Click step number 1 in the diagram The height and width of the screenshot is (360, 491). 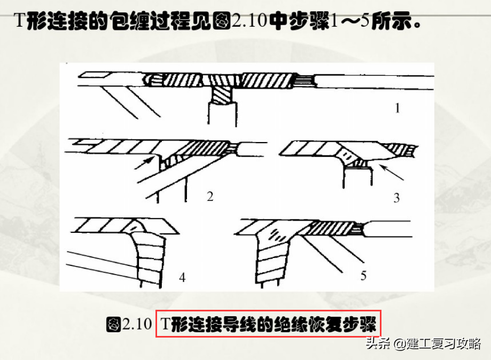397,109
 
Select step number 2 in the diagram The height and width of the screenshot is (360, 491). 210,197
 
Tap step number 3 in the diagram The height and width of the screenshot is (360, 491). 396,198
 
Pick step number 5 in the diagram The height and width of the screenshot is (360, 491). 363,276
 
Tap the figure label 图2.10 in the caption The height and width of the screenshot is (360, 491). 129,325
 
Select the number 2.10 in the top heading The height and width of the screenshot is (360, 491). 249,22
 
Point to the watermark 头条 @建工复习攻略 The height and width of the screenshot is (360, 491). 423,343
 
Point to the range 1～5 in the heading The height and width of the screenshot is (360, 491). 350,22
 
